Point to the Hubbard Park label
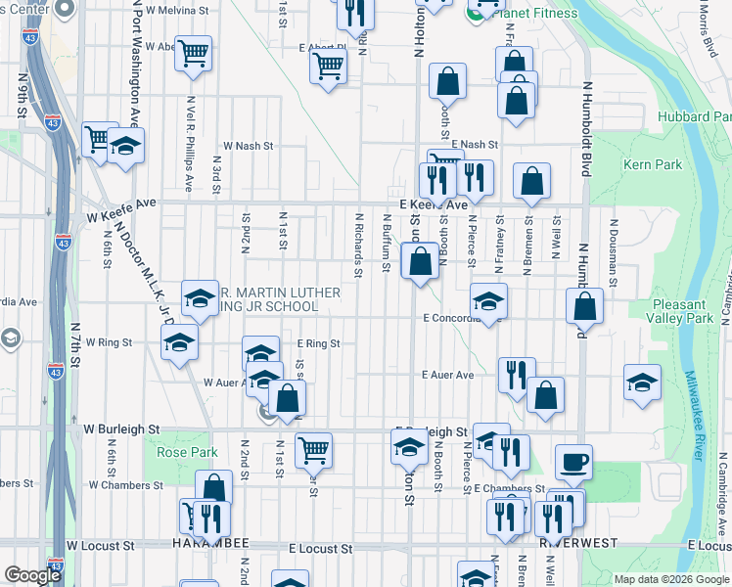pos(703,116)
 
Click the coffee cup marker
pos(573,462)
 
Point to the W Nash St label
pos(248,145)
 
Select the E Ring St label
pos(318,343)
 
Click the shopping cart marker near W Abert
pos(194,53)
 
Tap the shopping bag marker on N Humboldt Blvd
pos(584,305)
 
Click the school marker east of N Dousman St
pos(642,383)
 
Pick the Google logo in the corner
pos(32,575)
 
